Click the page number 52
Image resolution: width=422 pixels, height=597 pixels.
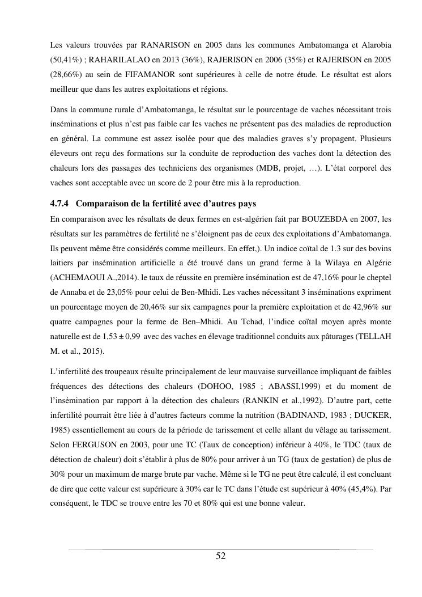(x=221, y=556)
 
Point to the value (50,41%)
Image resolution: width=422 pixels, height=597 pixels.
(x=67, y=60)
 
